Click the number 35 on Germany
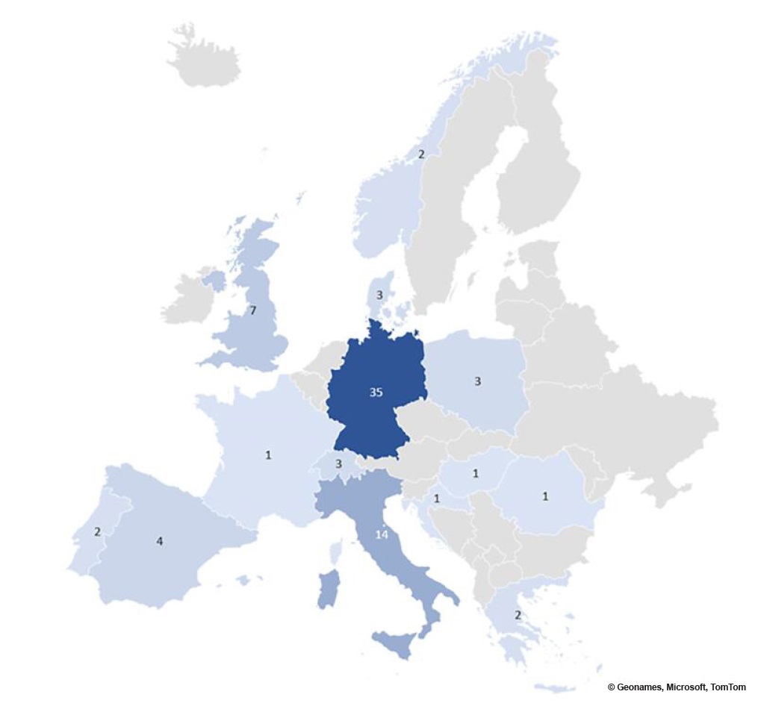tap(376, 392)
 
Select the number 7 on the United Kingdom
tap(253, 310)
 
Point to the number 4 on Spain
tap(159, 541)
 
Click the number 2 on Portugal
tap(97, 531)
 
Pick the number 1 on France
tap(268, 454)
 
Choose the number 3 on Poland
tap(477, 381)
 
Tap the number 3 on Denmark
tap(379, 295)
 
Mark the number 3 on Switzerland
tap(338, 464)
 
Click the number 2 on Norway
tap(420, 154)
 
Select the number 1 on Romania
tap(545, 496)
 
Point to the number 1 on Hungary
tap(476, 473)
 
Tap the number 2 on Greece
tap(517, 615)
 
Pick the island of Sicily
tap(394, 643)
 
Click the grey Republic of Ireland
tap(187, 299)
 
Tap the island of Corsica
tap(335, 553)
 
